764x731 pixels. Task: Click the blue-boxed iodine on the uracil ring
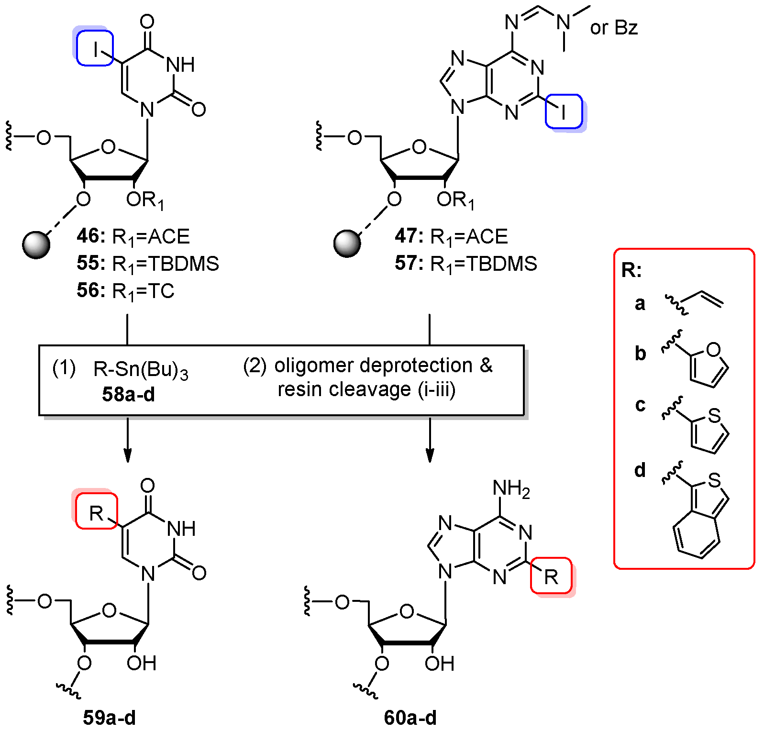pyautogui.click(x=95, y=48)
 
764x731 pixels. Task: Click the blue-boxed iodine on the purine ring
pyautogui.click(x=564, y=111)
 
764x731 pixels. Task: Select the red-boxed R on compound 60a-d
pyautogui.click(x=551, y=576)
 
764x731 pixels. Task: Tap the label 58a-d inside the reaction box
pyautogui.click(x=128, y=394)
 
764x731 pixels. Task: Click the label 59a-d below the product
pyautogui.click(x=110, y=718)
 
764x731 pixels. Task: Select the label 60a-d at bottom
pyautogui.click(x=410, y=718)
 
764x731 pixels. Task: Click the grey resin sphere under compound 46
pyautogui.click(x=36, y=245)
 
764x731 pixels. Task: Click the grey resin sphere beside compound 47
pyautogui.click(x=347, y=244)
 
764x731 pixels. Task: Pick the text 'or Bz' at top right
pyautogui.click(x=614, y=28)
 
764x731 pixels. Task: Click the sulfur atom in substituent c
pyautogui.click(x=714, y=415)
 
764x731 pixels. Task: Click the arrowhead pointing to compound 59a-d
pyautogui.click(x=127, y=456)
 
